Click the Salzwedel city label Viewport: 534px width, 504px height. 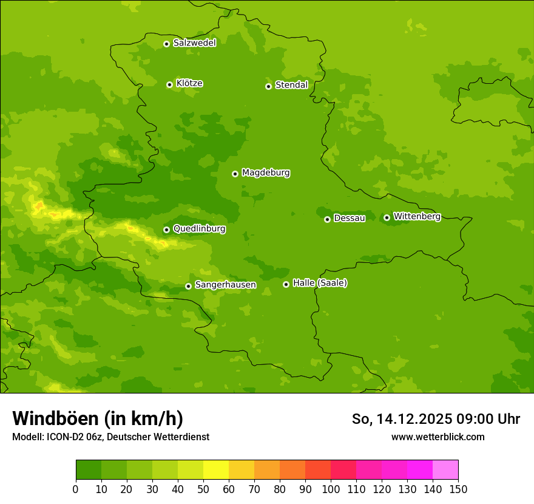tap(194, 43)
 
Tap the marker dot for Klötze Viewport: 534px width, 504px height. tap(169, 84)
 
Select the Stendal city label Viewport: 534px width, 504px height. tap(291, 85)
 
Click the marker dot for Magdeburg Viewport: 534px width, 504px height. tap(235, 174)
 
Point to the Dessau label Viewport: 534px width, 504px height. tap(350, 218)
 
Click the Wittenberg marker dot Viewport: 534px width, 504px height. tap(387, 217)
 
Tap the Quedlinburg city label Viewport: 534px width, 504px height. tap(199, 229)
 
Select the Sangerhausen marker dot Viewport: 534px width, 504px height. tap(188, 286)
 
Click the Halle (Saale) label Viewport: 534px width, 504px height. tap(320, 283)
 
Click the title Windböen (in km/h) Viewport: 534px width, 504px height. tap(98, 418)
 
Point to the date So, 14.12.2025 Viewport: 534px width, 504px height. tap(401, 419)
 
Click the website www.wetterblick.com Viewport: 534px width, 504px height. tap(438, 437)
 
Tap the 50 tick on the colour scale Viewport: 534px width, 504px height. tap(203, 489)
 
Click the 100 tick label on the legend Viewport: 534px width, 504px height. tap(331, 489)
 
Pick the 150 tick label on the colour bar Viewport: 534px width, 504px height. tap(458, 489)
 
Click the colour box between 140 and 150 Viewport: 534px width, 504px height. tap(445, 470)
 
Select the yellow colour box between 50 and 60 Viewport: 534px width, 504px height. tap(216, 470)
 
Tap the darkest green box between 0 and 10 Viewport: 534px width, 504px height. tap(89, 470)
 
